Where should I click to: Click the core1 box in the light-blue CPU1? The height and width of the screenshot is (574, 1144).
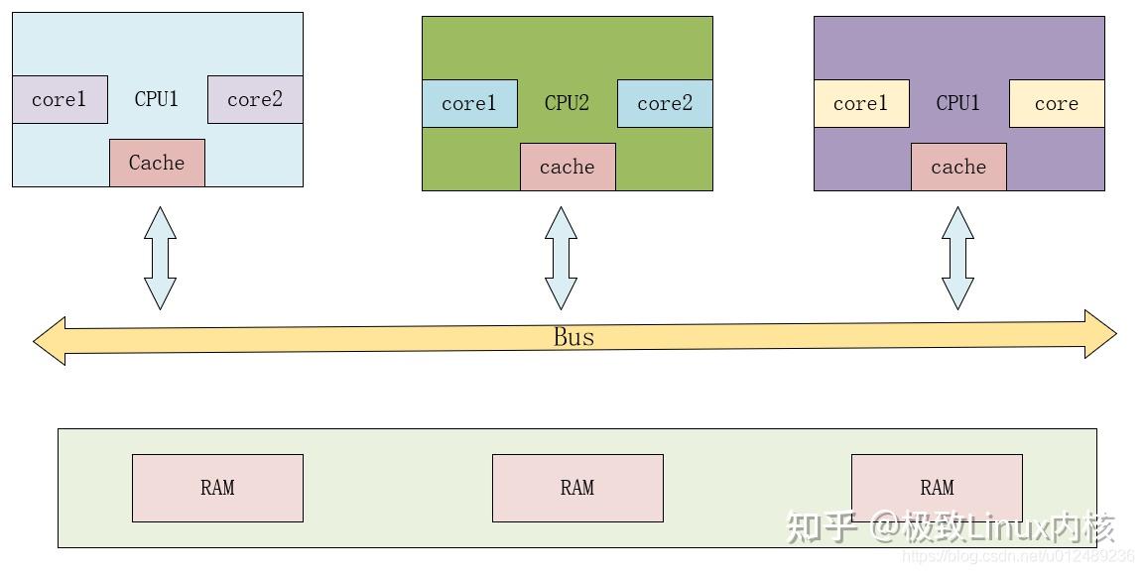[60, 99]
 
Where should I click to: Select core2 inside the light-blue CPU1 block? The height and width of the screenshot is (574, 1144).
[255, 99]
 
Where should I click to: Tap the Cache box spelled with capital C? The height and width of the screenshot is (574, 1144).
[157, 163]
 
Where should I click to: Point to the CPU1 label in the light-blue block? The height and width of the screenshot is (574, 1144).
[157, 99]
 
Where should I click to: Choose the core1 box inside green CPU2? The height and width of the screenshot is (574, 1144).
[469, 104]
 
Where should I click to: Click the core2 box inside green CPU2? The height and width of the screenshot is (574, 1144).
[665, 104]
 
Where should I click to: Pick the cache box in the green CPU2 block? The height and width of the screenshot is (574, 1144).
[568, 167]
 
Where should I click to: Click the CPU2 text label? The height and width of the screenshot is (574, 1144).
[568, 104]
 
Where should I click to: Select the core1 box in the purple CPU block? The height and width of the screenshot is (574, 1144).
[861, 104]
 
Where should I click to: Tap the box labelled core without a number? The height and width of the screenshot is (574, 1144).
[1057, 104]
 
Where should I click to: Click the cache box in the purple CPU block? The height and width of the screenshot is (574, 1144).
[958, 167]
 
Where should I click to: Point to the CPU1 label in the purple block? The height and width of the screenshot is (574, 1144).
[958, 104]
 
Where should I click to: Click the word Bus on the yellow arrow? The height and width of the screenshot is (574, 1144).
[573, 337]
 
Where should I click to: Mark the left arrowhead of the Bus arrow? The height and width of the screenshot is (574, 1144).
[50, 341]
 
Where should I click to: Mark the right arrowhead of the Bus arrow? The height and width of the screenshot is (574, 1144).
[1099, 334]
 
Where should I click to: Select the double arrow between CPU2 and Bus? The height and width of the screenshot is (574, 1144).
[561, 258]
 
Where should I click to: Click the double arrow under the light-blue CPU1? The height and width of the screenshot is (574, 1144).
[160, 258]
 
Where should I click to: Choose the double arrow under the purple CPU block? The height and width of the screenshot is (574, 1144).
[957, 258]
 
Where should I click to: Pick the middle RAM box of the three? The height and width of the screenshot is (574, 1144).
[577, 488]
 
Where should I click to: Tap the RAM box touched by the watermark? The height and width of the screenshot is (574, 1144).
[937, 488]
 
